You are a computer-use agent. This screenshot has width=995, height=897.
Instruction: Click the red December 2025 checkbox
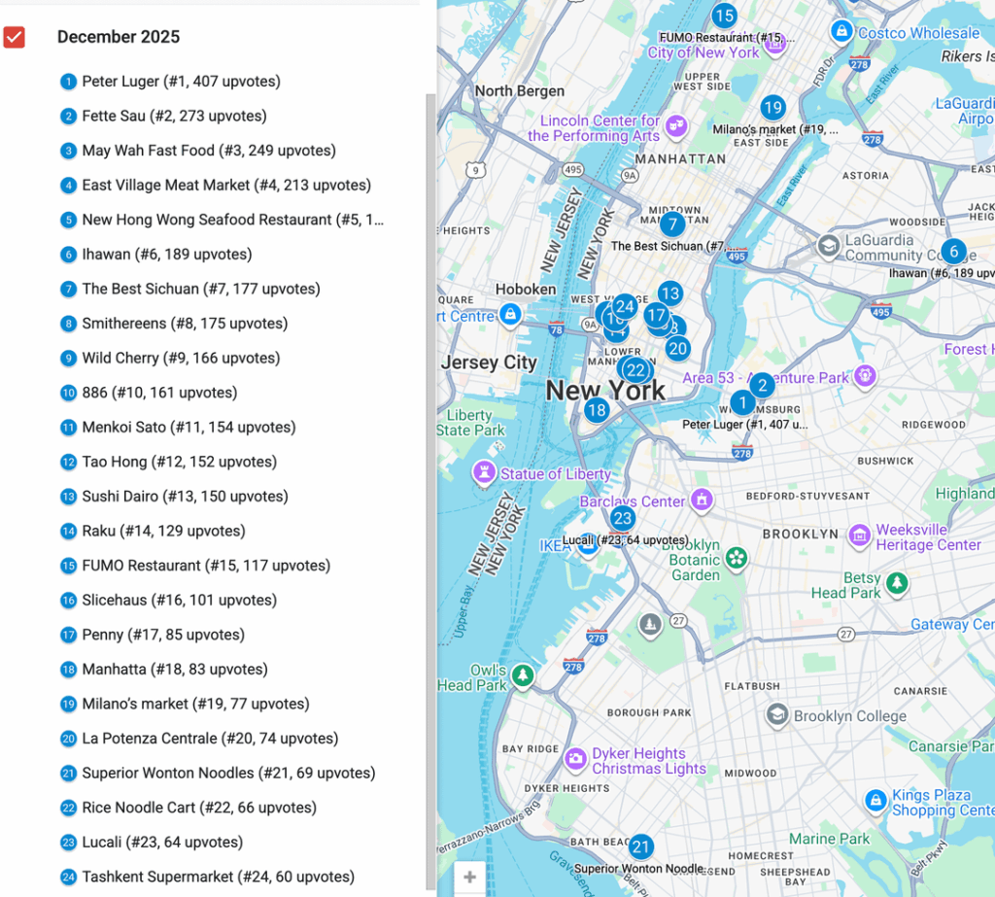pos(14,37)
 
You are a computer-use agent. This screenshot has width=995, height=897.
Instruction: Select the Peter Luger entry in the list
pos(181,82)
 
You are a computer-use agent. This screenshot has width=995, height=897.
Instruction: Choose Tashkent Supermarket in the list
pos(218,877)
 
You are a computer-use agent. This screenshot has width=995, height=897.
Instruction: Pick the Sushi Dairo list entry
pos(185,497)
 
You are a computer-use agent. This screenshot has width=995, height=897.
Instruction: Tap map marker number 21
pos(640,846)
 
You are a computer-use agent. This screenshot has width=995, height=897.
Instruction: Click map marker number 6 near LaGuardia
pos(953,252)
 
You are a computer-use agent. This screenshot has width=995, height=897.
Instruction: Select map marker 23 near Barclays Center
pos(622,519)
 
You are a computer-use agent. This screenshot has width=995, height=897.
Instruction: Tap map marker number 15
pos(723,16)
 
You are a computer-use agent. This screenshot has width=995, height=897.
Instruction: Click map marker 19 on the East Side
pos(772,108)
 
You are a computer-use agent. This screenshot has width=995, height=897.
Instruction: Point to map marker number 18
pos(597,410)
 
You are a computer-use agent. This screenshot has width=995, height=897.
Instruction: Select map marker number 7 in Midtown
pos(671,224)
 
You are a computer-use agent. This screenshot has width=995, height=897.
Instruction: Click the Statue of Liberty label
pos(555,474)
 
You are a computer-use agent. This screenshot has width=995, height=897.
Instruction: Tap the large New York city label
pos(605,391)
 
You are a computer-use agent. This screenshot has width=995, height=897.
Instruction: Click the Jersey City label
pos(489,362)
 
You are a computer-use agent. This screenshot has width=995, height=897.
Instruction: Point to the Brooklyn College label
pos(849,716)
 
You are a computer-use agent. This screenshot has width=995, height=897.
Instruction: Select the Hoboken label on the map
pos(526,289)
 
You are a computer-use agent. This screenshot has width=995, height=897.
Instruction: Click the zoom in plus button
pos(469,878)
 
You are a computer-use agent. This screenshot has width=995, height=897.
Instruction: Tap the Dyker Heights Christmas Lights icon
pos(575,758)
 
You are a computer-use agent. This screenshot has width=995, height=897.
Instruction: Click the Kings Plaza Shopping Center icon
pos(875,800)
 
